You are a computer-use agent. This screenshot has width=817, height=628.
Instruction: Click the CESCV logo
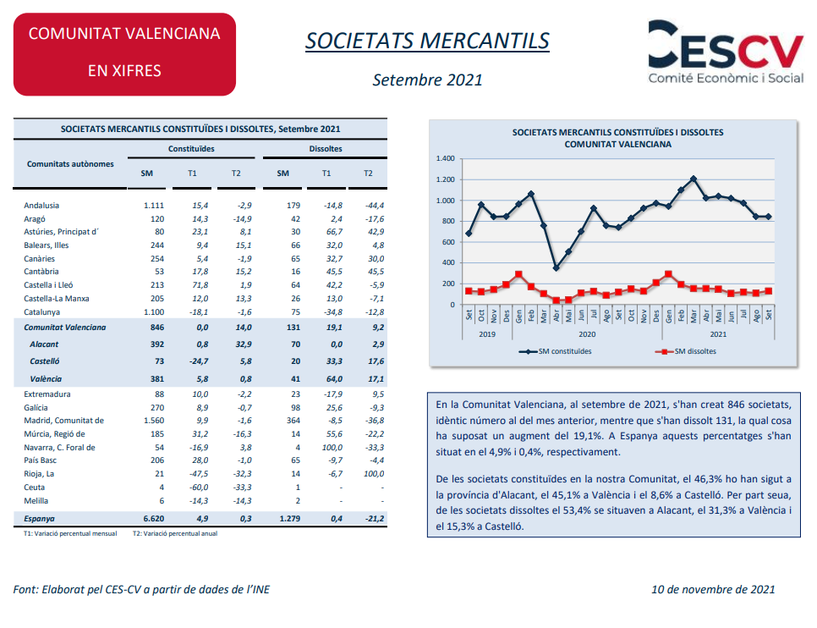(726, 52)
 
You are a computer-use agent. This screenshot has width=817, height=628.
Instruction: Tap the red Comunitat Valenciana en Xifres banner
(124, 54)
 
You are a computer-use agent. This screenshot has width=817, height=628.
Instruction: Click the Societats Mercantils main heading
(427, 41)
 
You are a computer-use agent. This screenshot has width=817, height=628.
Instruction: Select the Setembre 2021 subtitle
(427, 80)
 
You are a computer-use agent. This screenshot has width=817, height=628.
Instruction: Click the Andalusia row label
(41, 206)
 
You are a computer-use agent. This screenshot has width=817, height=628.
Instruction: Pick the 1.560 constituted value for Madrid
(154, 421)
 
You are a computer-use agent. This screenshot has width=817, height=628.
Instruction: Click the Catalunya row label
(41, 312)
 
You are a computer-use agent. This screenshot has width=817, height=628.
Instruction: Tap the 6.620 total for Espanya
(154, 519)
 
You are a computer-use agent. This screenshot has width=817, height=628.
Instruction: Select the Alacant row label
(44, 344)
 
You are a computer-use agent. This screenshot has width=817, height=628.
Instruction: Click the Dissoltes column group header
(326, 149)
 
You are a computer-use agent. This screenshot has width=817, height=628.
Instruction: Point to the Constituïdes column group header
(191, 149)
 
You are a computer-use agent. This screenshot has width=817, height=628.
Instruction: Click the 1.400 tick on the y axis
(446, 158)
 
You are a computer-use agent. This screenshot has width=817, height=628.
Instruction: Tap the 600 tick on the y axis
(448, 242)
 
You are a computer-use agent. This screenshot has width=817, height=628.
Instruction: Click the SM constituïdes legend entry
(556, 351)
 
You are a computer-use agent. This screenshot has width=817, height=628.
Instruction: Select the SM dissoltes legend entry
(686, 351)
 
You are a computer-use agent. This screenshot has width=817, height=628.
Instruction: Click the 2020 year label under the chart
(587, 334)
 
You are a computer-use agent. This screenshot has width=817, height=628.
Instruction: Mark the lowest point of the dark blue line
(557, 267)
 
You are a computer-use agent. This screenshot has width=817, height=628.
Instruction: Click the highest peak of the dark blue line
(694, 179)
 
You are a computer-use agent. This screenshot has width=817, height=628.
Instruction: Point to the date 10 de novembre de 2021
(713, 589)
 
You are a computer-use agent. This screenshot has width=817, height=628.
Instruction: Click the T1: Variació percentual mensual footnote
(70, 533)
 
